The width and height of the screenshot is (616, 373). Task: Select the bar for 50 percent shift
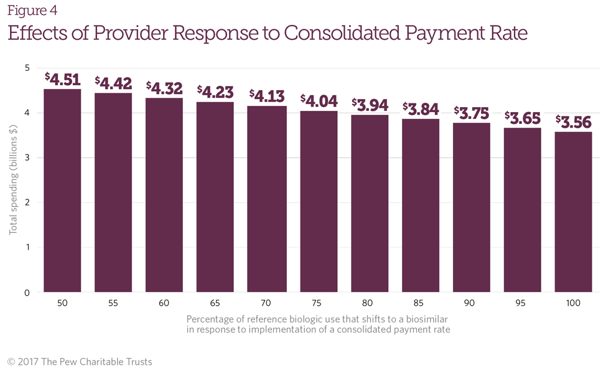[62, 190]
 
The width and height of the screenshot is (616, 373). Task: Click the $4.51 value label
[62, 80]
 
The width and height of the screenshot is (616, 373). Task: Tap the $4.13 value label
[267, 97]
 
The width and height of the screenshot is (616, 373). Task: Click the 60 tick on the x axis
[164, 303]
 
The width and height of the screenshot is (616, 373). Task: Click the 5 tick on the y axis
[27, 68]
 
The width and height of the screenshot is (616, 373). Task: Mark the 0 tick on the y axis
[27, 292]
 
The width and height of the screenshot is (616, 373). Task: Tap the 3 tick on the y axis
[27, 158]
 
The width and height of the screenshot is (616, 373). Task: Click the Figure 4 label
[32, 10]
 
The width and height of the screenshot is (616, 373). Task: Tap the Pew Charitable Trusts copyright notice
[80, 361]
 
